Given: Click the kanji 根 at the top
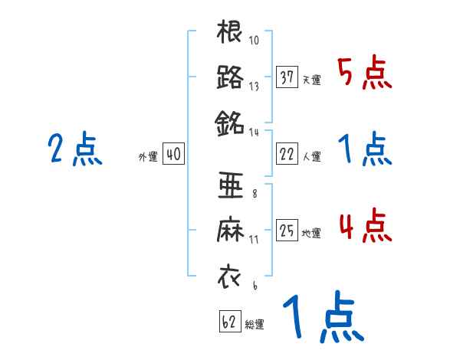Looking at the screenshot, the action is (230, 33).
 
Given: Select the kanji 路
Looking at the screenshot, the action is (230, 77).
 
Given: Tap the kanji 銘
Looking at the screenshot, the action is (230, 122).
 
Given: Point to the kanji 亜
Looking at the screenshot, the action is (230, 186).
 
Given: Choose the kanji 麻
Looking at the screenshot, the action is (230, 231).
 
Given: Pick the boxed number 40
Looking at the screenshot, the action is (173, 155).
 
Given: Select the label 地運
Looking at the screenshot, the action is (311, 233).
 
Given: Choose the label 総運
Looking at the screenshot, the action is (255, 323).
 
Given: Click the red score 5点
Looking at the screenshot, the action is (364, 74).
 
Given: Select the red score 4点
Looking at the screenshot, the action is (364, 227).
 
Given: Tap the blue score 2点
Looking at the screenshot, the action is (74, 150).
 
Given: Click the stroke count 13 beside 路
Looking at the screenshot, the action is (254, 87).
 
